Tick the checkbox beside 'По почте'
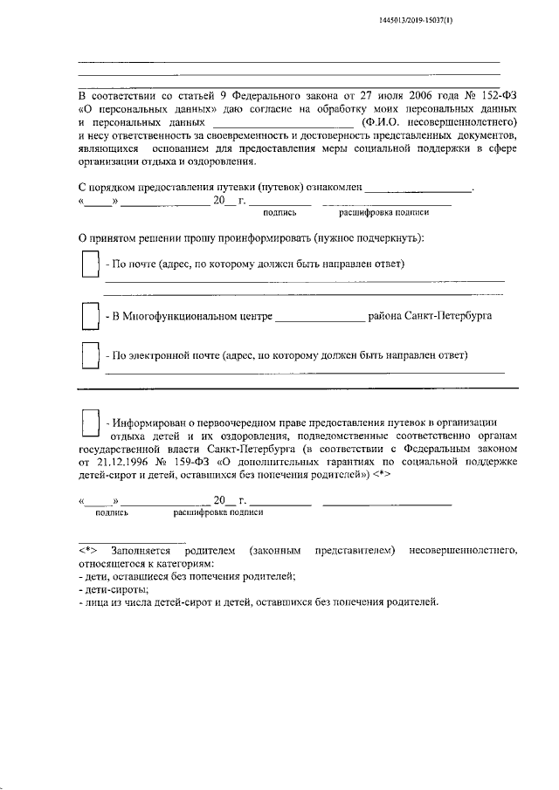89,264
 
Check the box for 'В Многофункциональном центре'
89,315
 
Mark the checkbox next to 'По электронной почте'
89,356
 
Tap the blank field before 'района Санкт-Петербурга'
320,316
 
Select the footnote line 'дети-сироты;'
113,590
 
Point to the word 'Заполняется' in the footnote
141,551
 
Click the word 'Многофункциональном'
193,316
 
